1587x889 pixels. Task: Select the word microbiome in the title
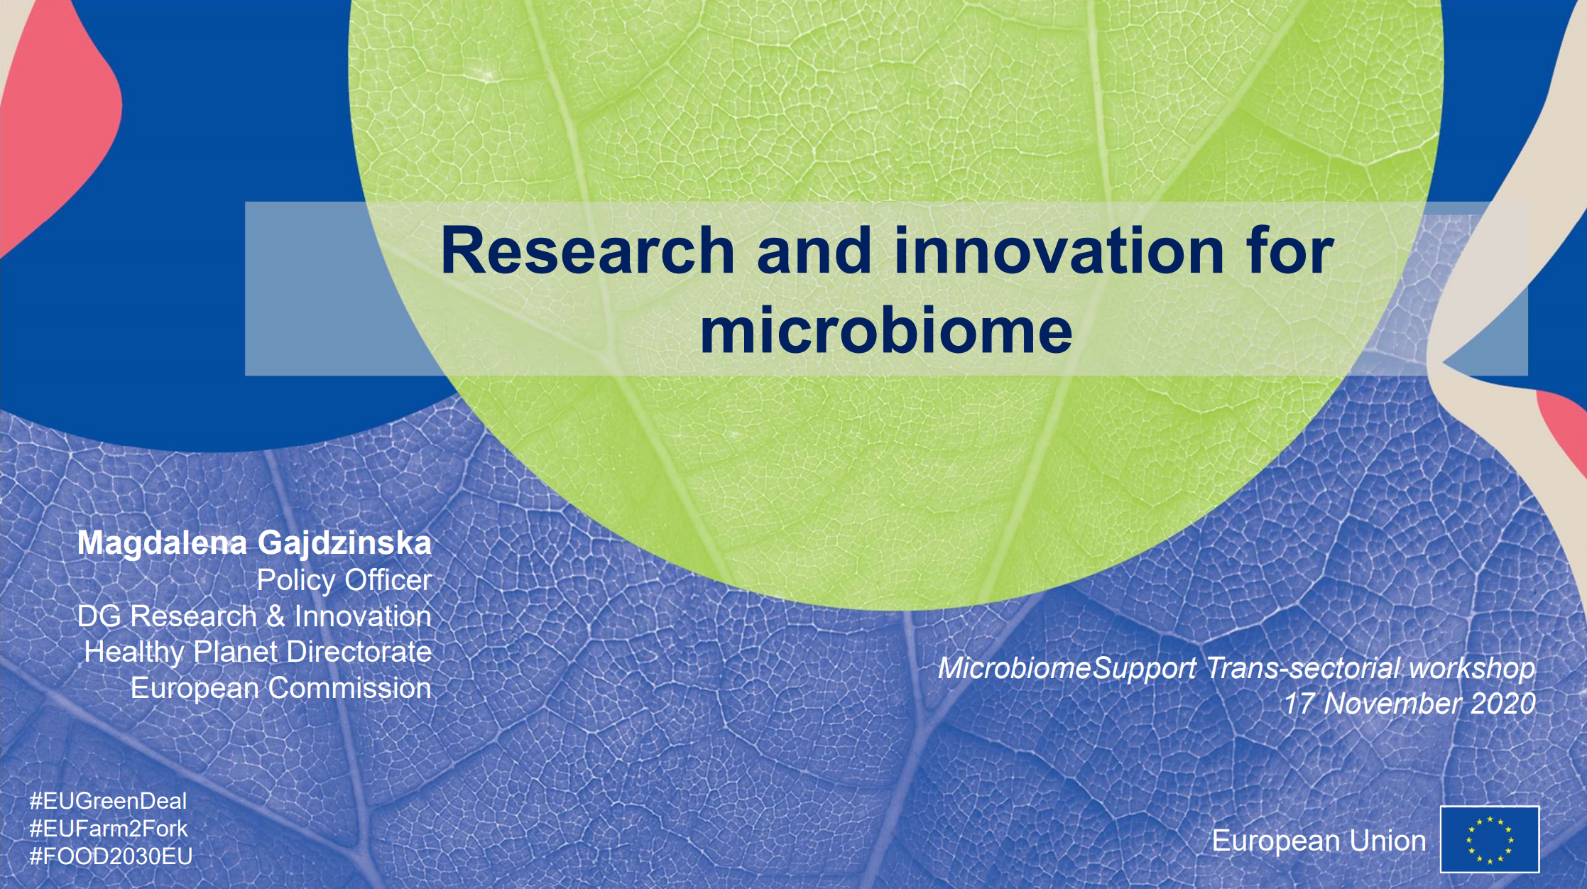886,330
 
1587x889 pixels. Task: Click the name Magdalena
162,544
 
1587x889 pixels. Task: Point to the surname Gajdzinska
345,544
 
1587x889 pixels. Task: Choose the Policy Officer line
344,580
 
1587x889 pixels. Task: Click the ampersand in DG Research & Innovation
276,616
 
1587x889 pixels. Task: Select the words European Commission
281,688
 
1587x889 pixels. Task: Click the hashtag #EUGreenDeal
108,801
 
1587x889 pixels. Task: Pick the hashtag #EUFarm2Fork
109,829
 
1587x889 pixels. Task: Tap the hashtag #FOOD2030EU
111,856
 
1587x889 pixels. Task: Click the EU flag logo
1490,839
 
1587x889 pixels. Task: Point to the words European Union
1319,841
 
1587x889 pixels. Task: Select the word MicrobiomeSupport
1067,668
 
